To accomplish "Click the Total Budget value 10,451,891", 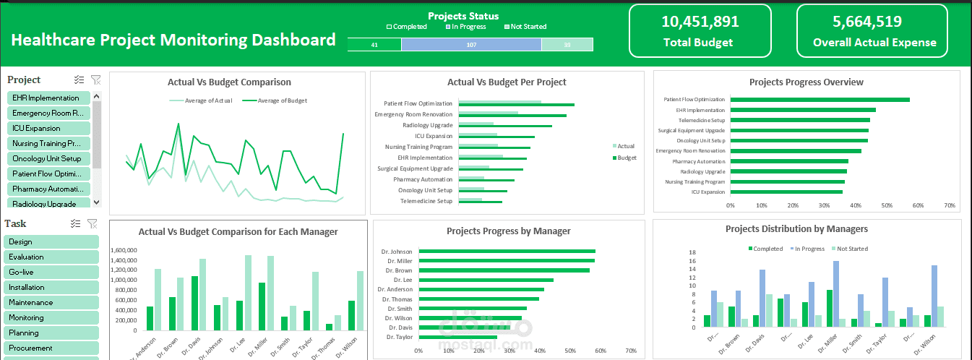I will tap(700, 22).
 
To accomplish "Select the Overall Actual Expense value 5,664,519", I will tap(872, 22).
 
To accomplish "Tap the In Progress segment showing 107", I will tap(471, 45).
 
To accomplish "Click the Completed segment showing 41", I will tap(374, 45).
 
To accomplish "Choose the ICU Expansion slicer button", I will tap(48, 128).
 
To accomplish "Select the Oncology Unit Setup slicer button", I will tap(48, 158).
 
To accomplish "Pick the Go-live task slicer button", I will tap(51, 272).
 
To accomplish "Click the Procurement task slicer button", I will tap(51, 348).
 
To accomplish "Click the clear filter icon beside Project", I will tap(95, 80).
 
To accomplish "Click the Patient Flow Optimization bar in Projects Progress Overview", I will tap(820, 100).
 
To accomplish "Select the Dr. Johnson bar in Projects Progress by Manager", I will tap(507, 252).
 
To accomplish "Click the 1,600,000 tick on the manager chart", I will tap(124, 250).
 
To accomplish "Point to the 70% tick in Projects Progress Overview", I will tap(949, 205).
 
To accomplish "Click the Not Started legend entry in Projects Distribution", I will tap(850, 249).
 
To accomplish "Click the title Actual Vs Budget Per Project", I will tap(507, 82).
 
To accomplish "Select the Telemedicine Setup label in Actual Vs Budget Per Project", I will tap(426, 201).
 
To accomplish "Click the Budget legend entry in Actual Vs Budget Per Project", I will tap(625, 157).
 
